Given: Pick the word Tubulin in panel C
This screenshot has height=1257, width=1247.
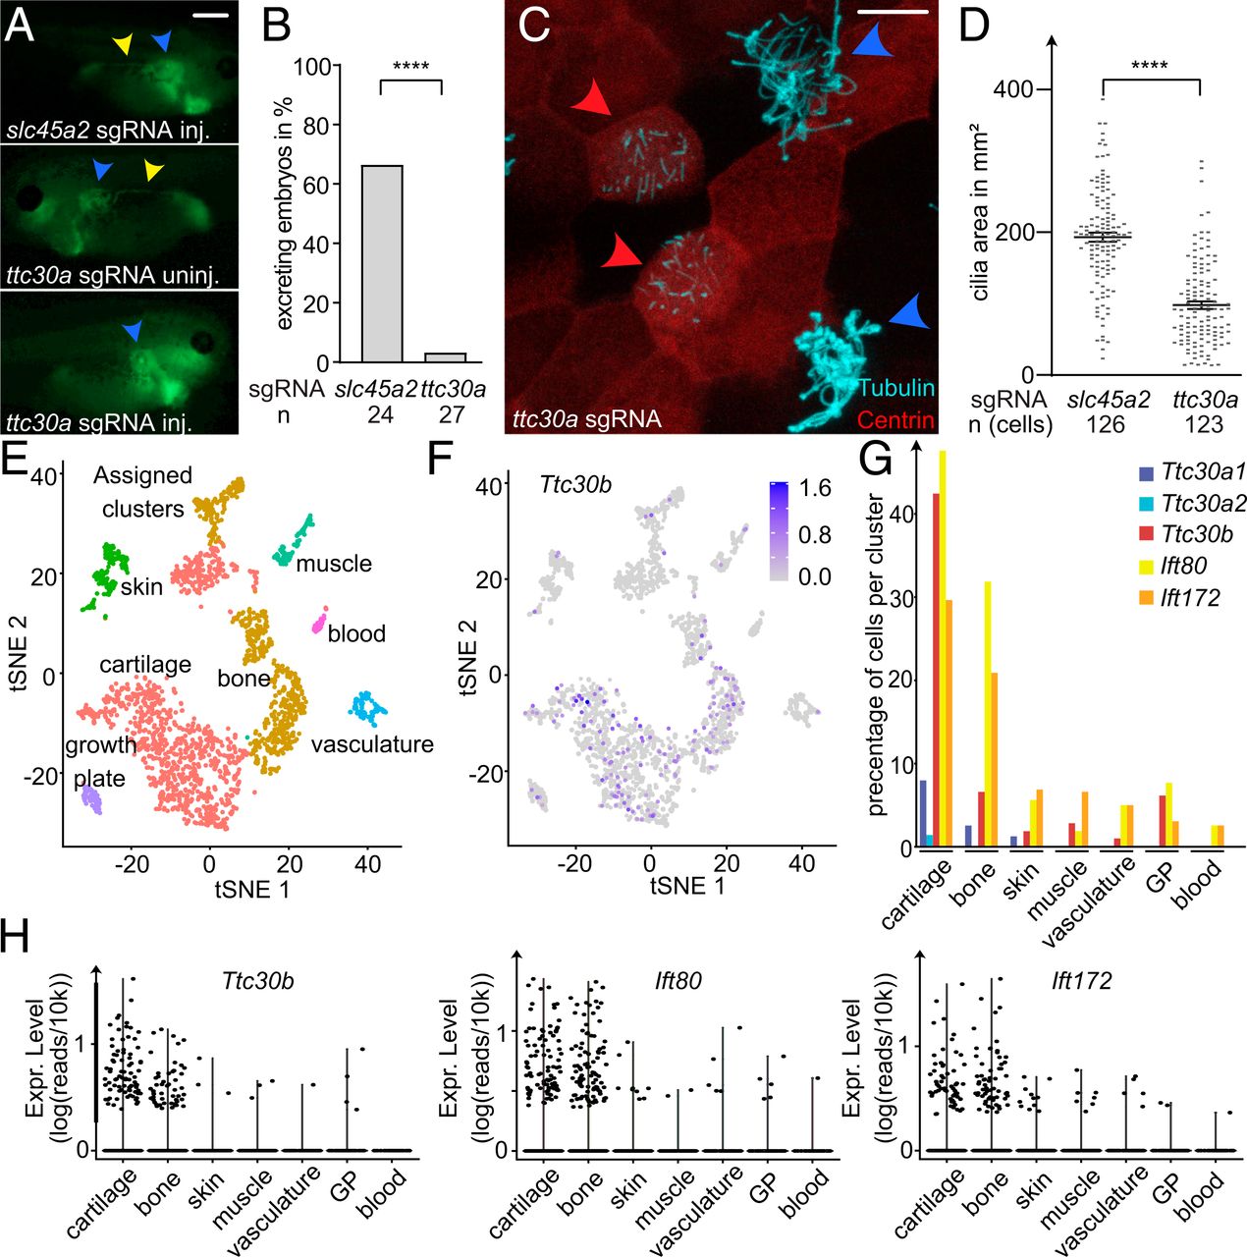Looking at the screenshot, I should pos(895,388).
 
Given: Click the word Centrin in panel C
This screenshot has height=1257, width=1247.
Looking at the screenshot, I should pos(895,420).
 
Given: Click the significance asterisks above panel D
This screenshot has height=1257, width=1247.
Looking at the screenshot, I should pos(1149,67).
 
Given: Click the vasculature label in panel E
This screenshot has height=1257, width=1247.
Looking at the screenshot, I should pos(372,744).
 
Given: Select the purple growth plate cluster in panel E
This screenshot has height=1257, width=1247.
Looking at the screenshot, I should pos(90,800).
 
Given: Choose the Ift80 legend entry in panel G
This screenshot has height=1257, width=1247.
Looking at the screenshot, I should pos(1183,566).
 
